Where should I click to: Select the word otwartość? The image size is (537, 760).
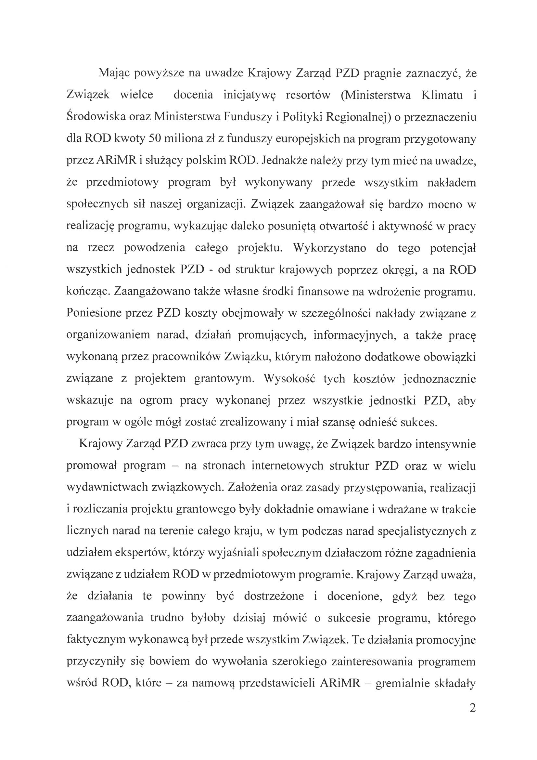point(345,226)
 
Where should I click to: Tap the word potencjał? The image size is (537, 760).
point(453,248)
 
